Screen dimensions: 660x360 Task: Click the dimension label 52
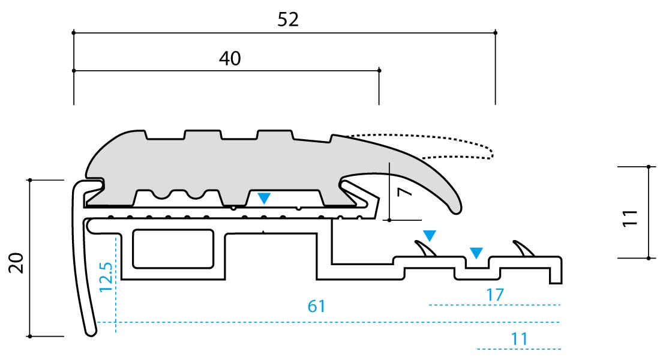[x=288, y=19]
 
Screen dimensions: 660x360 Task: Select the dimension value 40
[x=230, y=58]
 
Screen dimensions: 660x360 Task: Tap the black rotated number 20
[x=16, y=263]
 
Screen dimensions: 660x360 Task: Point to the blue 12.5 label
[x=106, y=277]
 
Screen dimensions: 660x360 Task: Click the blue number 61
[x=317, y=306]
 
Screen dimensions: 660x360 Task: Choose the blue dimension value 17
[x=494, y=295]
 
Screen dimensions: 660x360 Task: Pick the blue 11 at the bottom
[x=519, y=339]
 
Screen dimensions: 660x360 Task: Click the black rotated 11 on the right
[x=630, y=218]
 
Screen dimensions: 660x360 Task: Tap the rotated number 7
[x=404, y=192]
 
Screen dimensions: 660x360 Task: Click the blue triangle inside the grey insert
[x=264, y=198]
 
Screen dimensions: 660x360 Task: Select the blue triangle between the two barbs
[x=476, y=253]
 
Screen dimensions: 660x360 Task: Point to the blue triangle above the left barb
[x=430, y=235]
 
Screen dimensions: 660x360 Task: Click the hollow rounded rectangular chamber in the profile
[x=173, y=249]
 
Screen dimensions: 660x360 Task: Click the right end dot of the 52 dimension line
[x=496, y=32]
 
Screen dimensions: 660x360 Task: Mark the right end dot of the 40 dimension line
[x=379, y=70]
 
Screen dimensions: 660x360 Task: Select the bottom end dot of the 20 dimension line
[x=30, y=337]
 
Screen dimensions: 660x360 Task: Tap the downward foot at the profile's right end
[x=556, y=276]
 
